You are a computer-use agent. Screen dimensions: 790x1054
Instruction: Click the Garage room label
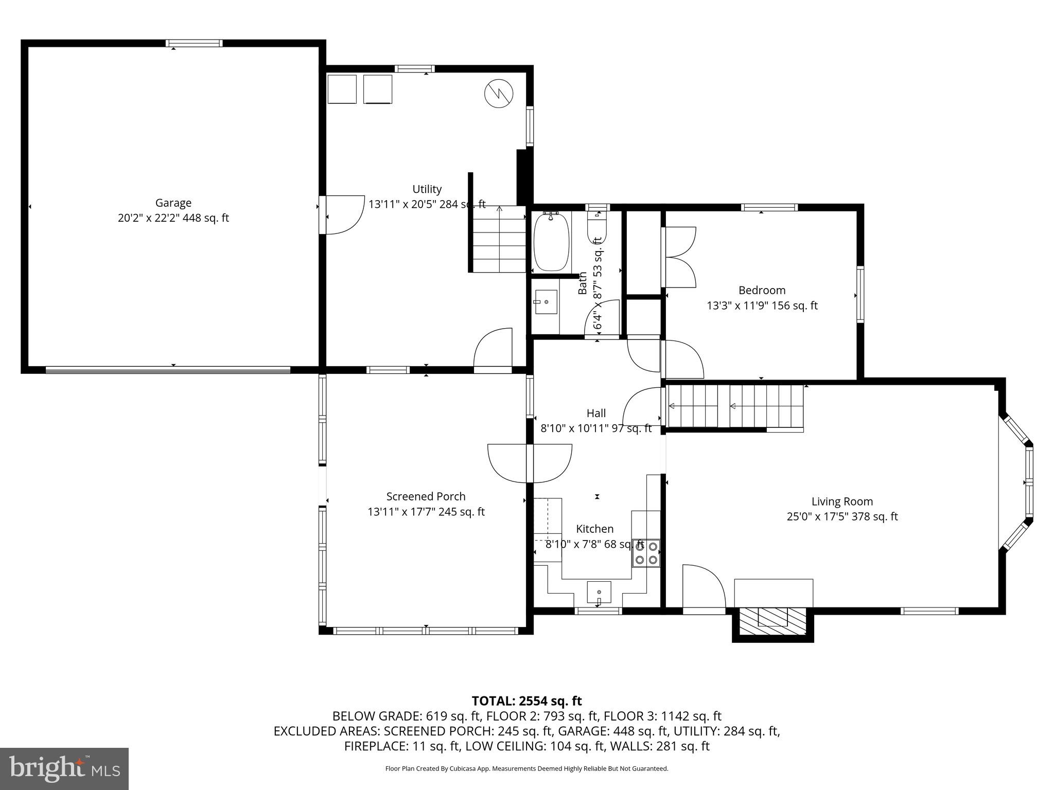coord(173,203)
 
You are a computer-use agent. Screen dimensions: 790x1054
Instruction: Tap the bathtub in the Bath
coord(551,242)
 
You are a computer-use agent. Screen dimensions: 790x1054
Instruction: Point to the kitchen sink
coord(599,592)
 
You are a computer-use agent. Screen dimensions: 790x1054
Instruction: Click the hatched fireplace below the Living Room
coord(772,624)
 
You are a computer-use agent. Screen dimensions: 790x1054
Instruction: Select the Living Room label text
coord(842,501)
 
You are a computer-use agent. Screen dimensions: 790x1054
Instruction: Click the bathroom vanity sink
coord(546,301)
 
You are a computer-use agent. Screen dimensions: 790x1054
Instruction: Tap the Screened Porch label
coord(426,496)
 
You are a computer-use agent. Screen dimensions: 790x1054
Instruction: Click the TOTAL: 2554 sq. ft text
coord(526,701)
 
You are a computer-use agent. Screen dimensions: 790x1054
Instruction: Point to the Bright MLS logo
coord(64,768)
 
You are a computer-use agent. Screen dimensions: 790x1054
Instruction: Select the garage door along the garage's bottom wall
coord(168,369)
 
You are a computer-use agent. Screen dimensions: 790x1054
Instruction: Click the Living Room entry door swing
coord(703,587)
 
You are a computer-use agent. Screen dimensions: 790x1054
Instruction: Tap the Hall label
coord(596,413)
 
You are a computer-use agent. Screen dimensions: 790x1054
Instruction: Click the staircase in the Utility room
coord(498,239)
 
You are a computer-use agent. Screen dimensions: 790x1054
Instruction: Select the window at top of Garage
coord(194,43)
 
